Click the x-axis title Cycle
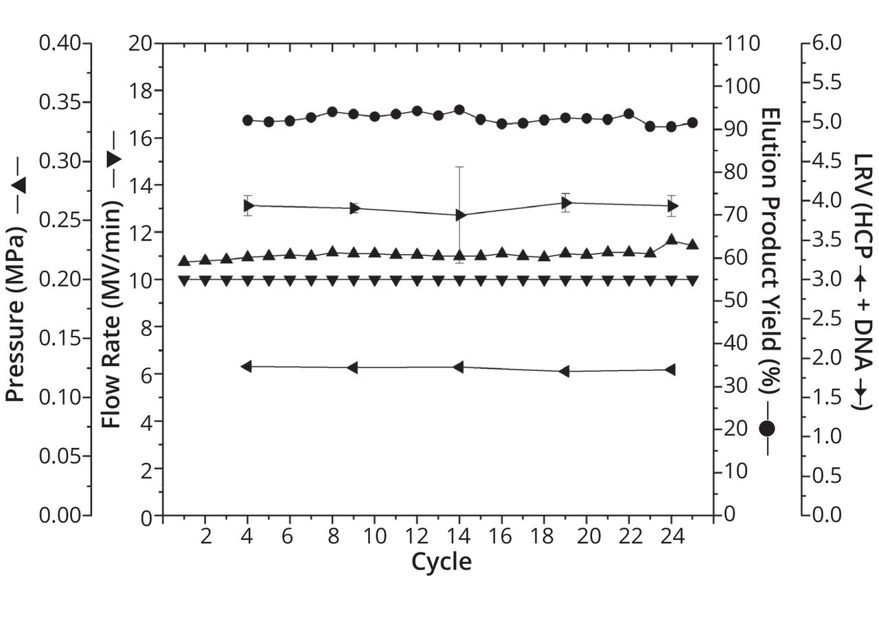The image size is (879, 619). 441,562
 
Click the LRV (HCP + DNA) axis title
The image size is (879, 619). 861,281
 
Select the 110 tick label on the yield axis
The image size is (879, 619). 741,43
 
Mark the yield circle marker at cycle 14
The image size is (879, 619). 459,110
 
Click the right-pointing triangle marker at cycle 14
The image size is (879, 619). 460,215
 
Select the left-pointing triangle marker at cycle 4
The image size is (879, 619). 247,366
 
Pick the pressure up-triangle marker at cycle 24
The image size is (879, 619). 672,240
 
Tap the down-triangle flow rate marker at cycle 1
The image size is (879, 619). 184,280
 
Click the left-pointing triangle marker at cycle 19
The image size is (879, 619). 565,371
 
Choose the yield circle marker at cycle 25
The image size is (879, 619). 692,122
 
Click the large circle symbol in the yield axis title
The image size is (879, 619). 767,429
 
